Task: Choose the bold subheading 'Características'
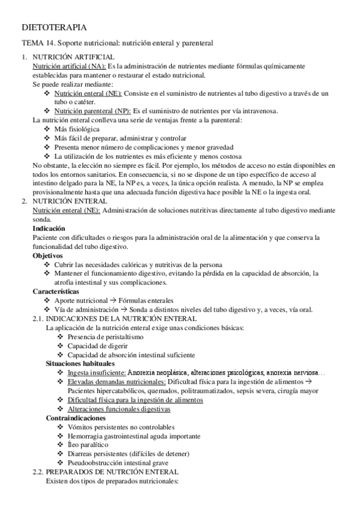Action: (x=56, y=292)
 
